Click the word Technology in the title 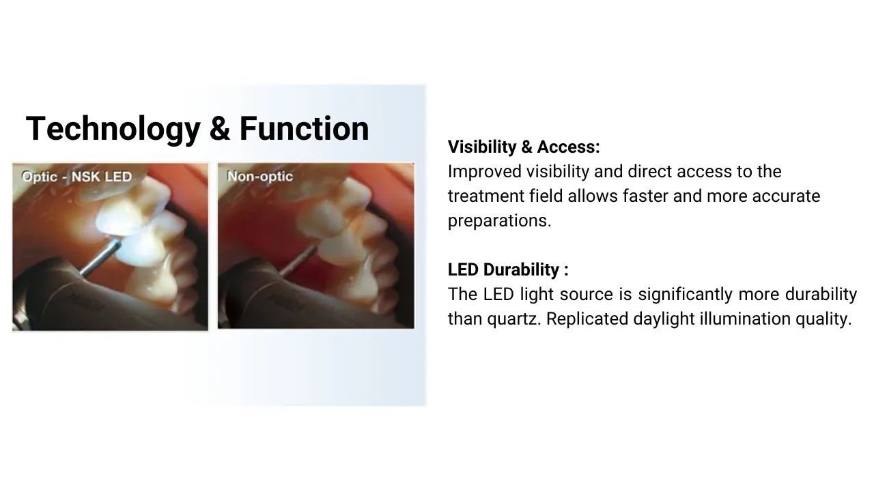pos(113,130)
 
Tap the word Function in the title pos(304,128)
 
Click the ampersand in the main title pos(220,128)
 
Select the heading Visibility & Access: pos(524,147)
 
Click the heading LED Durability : pos(508,269)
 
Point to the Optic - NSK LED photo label pos(77,177)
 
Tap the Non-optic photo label pos(260,177)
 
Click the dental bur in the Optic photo pos(100,258)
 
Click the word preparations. pos(499,221)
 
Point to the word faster pos(645,196)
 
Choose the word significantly pos(685,295)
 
